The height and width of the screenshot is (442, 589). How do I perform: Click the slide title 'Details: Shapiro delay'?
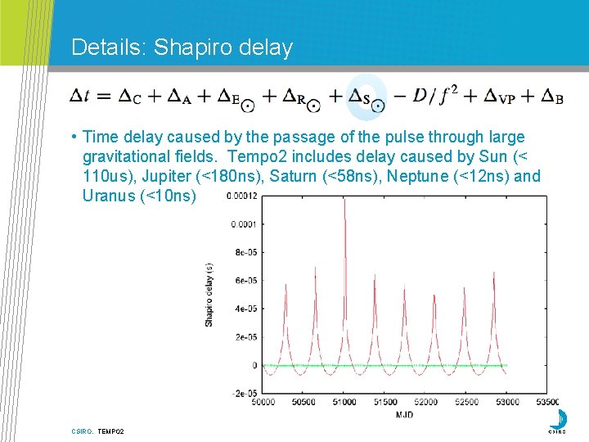pos(182,47)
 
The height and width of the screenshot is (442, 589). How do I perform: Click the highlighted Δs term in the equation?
pos(367,98)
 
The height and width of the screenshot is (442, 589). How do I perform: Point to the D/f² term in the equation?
pos(434,96)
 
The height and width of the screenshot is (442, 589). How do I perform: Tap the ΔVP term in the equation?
pos(497,97)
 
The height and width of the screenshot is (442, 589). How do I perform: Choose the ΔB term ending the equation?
pos(552,97)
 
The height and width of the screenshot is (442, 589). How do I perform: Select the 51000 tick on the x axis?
pos(344,402)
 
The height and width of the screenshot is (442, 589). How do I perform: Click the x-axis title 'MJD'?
pos(404,414)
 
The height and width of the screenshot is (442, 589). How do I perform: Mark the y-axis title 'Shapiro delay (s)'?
pos(209,295)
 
